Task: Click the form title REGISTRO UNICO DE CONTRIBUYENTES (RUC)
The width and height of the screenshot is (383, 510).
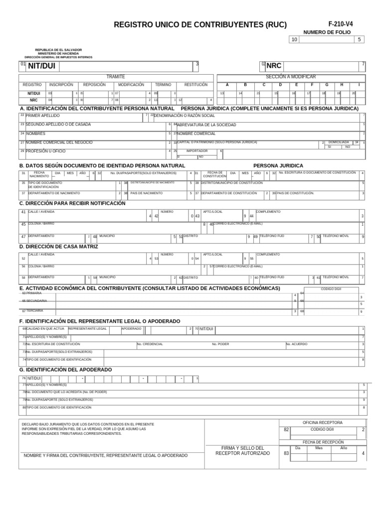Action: pyautogui.click(x=200, y=24)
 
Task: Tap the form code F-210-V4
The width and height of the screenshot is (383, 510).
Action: pyautogui.click(x=341, y=24)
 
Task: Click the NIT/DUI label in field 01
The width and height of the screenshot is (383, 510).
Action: pyautogui.click(x=41, y=66)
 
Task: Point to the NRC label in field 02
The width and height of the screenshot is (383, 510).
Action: pyautogui.click(x=274, y=66)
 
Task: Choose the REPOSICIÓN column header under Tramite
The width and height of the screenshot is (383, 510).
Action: pyautogui.click(x=94, y=85)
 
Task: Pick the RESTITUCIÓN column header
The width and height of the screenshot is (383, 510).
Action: pyautogui.click(x=196, y=85)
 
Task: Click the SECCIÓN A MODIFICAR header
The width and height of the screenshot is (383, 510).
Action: pyautogui.click(x=291, y=77)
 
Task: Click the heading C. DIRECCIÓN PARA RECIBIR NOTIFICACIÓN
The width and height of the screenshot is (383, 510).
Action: pyautogui.click(x=72, y=204)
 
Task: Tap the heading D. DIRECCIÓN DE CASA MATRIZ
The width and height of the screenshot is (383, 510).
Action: pyautogui.click(x=59, y=247)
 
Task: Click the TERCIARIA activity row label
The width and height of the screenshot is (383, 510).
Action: pyautogui.click(x=34, y=311)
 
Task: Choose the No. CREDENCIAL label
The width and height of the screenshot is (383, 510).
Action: pyautogui.click(x=150, y=344)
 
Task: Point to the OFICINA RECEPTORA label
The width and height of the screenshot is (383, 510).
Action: pyautogui.click(x=323, y=422)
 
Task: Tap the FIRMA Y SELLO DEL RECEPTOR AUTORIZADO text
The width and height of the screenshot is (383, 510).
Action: pyautogui.click(x=242, y=451)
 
